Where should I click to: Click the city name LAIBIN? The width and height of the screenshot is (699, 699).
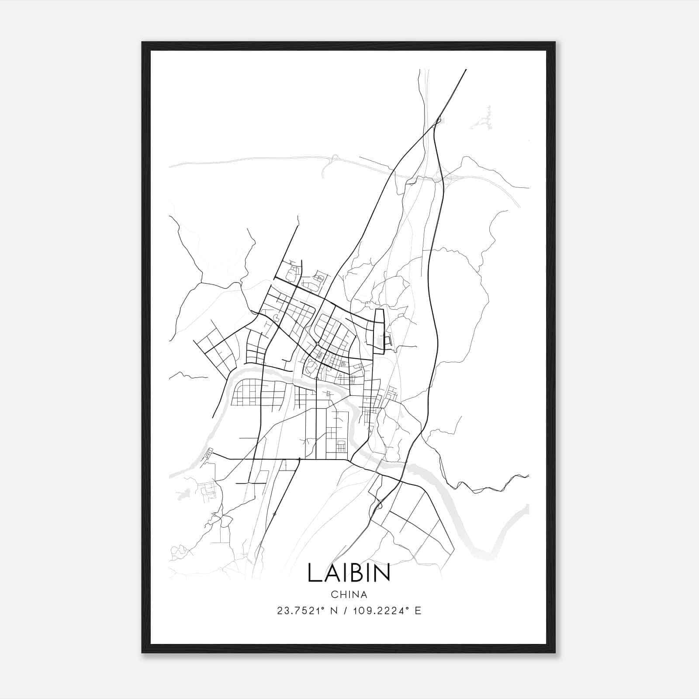349,573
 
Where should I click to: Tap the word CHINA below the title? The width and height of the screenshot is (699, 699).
349,595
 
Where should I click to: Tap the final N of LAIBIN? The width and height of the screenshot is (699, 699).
381,573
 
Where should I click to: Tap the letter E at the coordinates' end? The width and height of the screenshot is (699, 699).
418,611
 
